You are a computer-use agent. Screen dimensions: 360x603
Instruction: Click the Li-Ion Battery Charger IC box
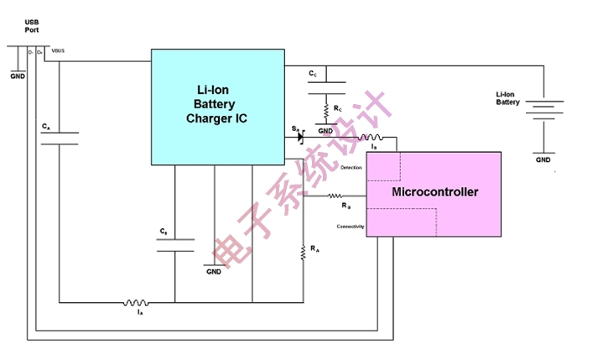(x=216, y=107)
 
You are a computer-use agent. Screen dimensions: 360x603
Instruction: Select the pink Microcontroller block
(x=434, y=193)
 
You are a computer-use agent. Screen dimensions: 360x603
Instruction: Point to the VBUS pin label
(x=58, y=52)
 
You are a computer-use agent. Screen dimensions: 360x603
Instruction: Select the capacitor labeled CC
(x=325, y=87)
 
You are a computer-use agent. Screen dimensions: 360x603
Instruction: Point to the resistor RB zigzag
(x=346, y=196)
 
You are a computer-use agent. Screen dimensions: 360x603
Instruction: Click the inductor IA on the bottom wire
(x=137, y=302)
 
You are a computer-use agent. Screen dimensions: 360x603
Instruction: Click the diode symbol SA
(x=299, y=136)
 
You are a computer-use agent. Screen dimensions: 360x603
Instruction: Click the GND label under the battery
(x=543, y=159)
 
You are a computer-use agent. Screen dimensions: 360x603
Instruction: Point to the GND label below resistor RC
(x=325, y=131)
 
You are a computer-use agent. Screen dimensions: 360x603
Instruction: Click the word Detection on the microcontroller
(x=351, y=169)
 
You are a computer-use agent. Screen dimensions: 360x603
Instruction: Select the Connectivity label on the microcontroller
(x=351, y=227)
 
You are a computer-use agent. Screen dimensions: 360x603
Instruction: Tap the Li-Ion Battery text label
(x=507, y=98)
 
